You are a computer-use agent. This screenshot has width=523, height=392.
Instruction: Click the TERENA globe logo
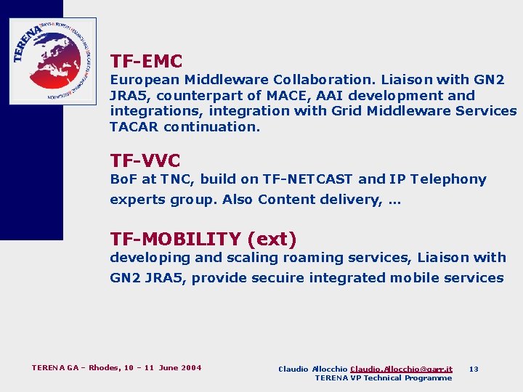tap(52, 61)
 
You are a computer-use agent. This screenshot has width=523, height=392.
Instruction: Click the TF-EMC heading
tap(146, 62)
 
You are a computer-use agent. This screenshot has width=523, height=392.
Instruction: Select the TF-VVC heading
tap(145, 160)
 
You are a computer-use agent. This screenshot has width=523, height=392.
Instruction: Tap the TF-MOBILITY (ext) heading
tap(203, 239)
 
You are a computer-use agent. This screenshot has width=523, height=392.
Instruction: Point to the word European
tap(145, 80)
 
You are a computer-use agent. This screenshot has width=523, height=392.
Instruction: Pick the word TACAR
tap(134, 126)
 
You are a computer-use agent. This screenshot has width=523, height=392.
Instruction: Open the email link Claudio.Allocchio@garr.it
tap(401, 369)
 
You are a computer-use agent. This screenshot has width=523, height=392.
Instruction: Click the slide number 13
tap(474, 369)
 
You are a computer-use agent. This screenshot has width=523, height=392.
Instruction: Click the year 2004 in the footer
tap(190, 367)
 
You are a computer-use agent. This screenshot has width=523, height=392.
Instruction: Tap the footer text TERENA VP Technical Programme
tap(383, 377)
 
